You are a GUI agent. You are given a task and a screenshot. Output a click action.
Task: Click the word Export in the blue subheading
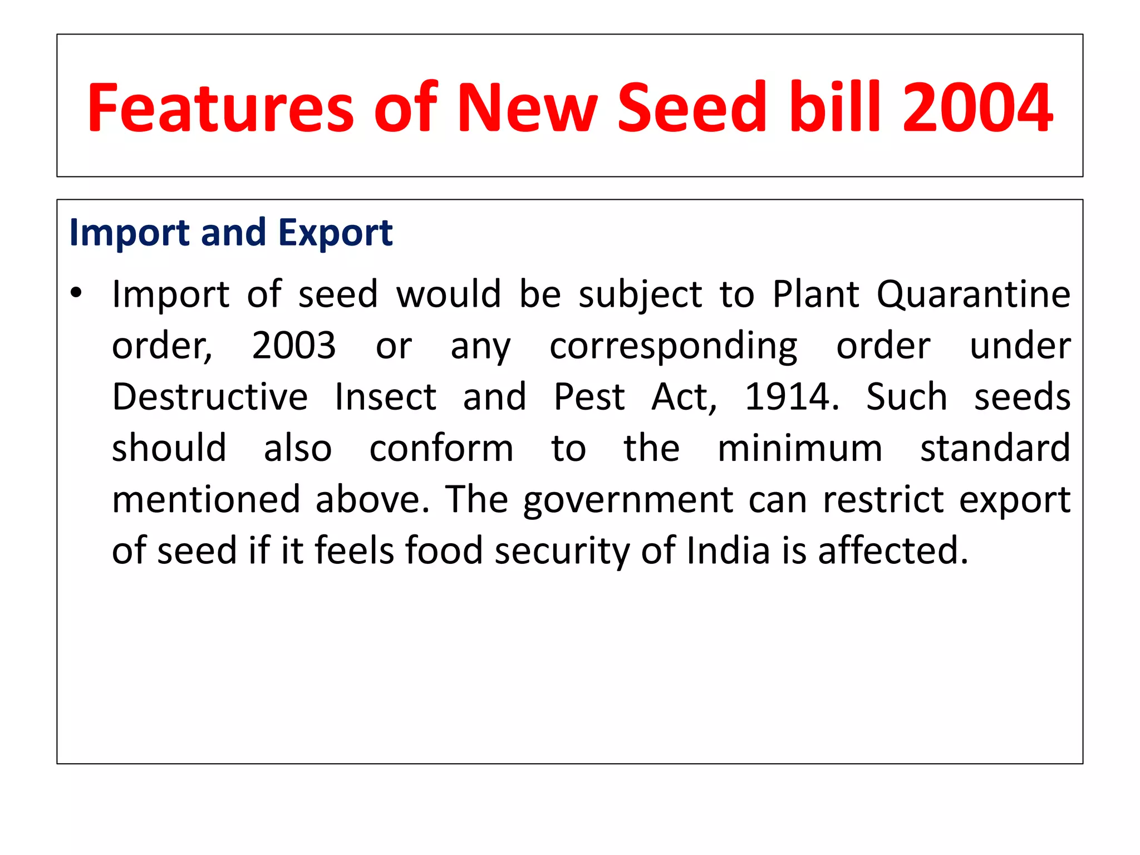click(335, 232)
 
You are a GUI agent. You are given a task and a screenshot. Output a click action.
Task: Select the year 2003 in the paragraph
click(294, 345)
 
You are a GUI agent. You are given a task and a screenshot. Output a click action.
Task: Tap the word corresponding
click(674, 346)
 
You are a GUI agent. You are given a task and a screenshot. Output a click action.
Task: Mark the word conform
click(441, 448)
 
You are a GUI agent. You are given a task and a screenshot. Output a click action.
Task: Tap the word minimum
click(799, 448)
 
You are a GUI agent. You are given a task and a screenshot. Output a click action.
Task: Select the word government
click(628, 500)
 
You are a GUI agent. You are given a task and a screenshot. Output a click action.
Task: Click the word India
click(728, 551)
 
